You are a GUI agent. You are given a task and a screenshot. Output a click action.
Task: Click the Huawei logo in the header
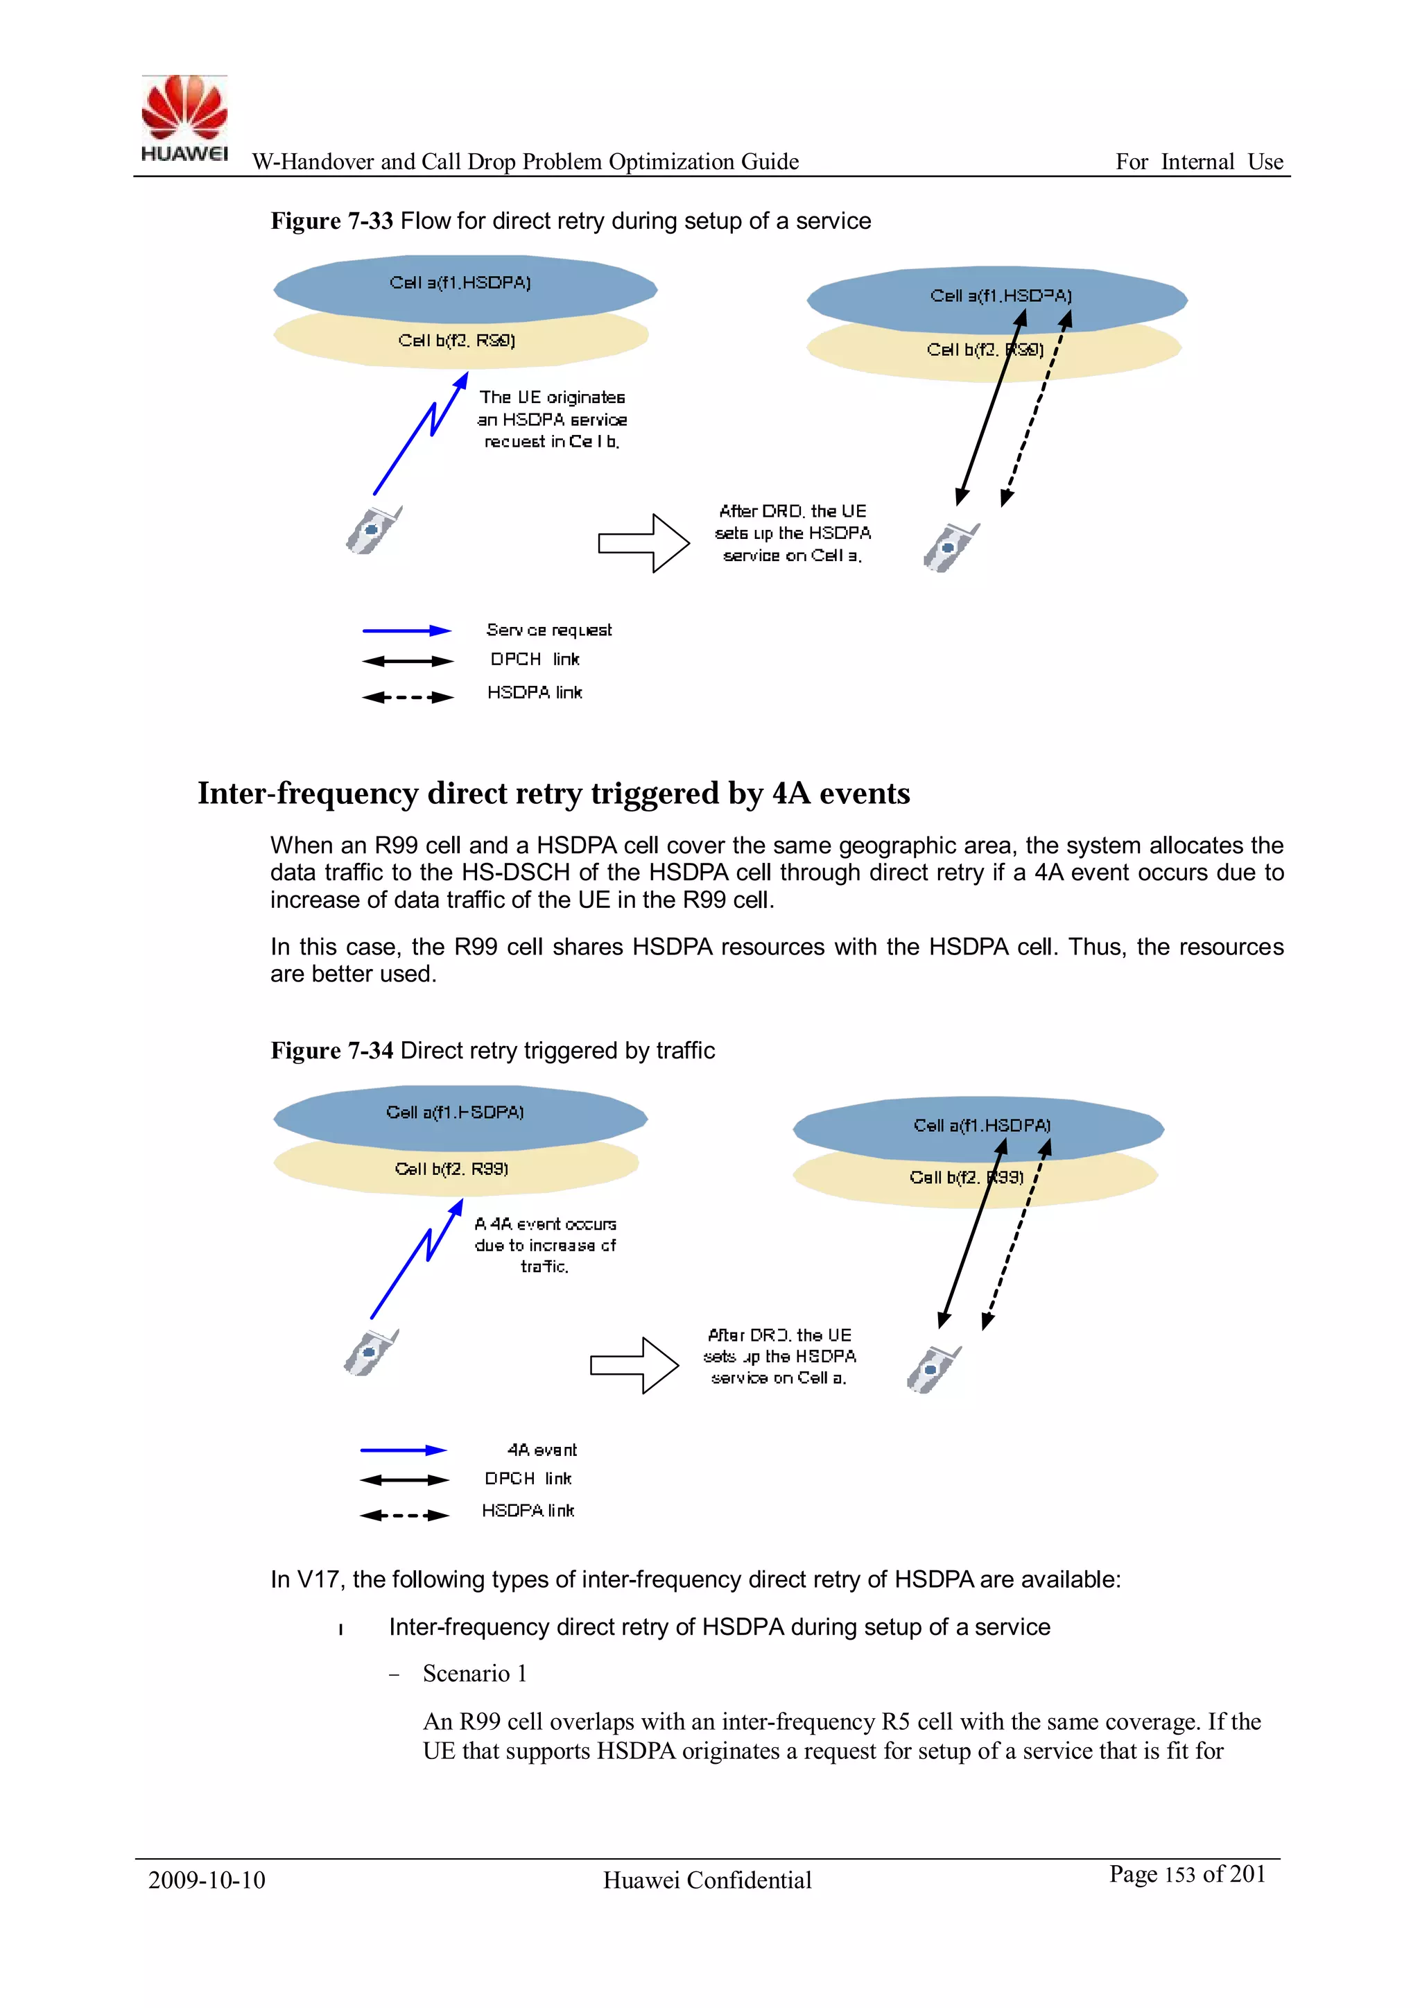click(x=184, y=118)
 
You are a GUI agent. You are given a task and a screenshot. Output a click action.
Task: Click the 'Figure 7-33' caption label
click(x=331, y=221)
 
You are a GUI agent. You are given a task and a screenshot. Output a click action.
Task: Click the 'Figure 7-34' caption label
click(x=331, y=1050)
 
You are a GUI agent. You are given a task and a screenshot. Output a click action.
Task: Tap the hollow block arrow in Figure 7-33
click(x=644, y=543)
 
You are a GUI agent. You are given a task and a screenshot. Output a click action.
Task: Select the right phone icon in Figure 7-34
click(x=933, y=1370)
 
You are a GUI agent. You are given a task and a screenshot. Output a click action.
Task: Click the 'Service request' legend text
click(x=548, y=630)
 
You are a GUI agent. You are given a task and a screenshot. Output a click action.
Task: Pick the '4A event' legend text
click(x=542, y=1450)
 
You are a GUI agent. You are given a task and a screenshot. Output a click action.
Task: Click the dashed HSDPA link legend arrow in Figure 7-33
click(x=408, y=697)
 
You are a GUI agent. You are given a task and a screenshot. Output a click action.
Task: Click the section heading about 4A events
click(x=553, y=793)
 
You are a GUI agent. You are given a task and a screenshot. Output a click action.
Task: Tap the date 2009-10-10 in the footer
click(x=207, y=1880)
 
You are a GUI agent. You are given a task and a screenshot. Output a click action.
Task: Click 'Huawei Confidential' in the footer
click(x=707, y=1880)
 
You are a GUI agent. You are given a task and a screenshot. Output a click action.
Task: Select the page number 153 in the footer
click(x=1179, y=1875)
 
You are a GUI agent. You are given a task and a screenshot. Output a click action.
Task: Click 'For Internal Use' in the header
click(x=1199, y=162)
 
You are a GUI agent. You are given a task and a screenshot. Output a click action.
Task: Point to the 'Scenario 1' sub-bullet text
click(x=475, y=1674)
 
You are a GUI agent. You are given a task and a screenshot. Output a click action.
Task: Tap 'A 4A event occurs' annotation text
click(x=546, y=1224)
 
